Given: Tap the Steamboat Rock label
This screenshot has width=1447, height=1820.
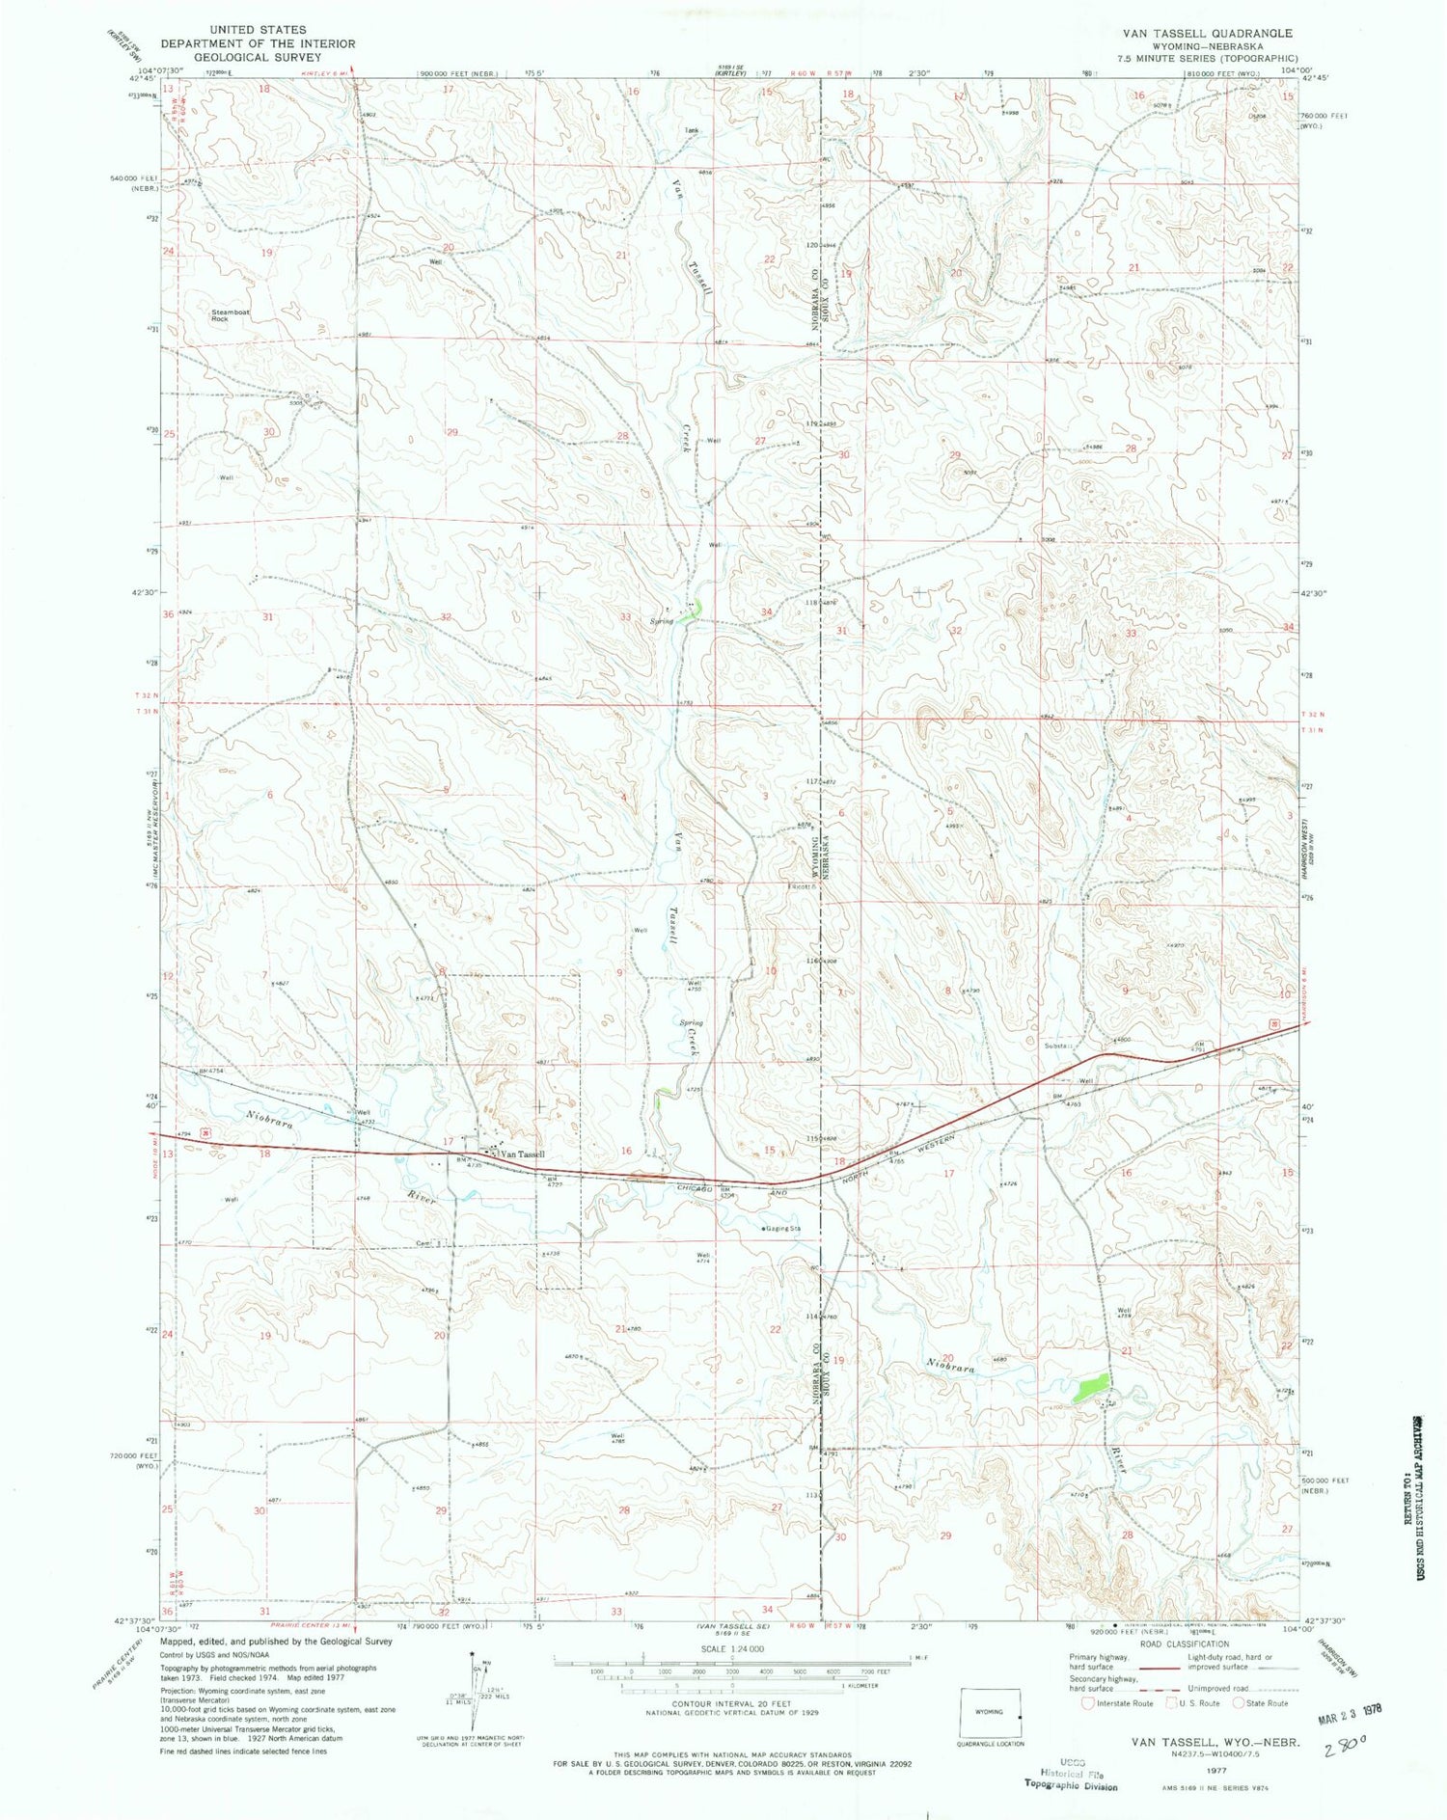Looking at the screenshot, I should tap(221, 314).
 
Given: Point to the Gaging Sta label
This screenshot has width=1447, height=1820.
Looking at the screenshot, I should tap(782, 1229).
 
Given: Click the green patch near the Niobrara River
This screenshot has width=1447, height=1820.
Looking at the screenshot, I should tap(1089, 1390).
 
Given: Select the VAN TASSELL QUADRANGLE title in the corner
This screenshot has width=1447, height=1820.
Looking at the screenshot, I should tap(1206, 33).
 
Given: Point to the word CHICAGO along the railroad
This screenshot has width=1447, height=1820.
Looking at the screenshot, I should tap(691, 1187).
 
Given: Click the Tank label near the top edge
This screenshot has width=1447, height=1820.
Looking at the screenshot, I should tap(691, 130).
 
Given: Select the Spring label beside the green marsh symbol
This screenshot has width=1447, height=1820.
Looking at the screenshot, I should tap(661, 621).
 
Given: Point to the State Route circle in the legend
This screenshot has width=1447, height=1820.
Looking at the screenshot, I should tap(1241, 1703).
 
